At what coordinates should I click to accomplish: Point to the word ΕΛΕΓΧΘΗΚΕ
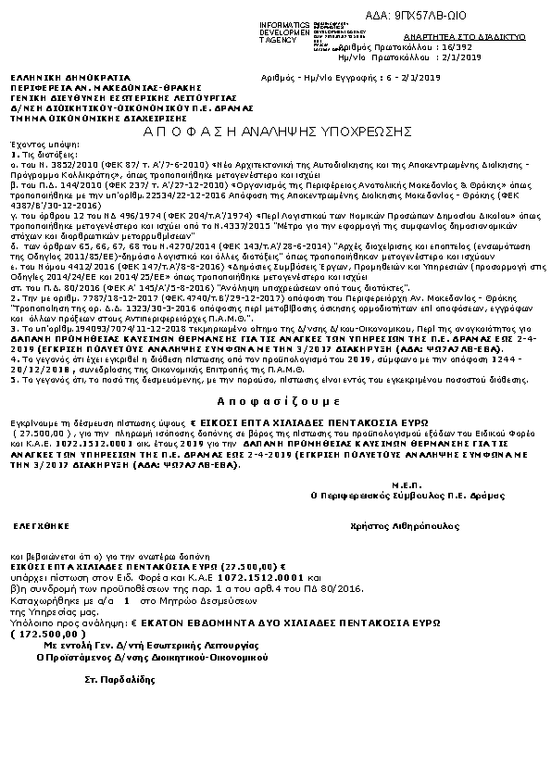37,524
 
